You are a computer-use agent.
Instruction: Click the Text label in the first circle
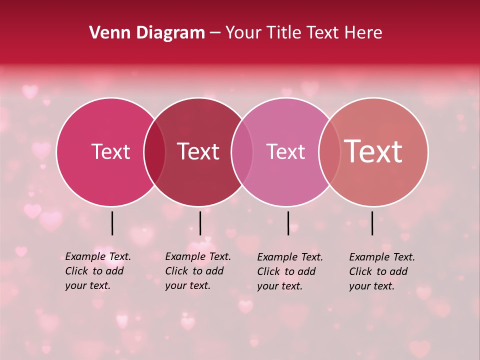110,151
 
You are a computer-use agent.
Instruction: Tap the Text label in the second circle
198,151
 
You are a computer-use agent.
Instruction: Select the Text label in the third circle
285,151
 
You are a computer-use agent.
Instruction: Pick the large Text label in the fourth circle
373,151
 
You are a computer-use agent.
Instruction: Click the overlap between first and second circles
154,152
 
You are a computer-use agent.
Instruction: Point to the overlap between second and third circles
242,152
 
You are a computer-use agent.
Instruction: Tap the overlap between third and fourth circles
329,152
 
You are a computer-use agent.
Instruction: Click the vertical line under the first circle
112,223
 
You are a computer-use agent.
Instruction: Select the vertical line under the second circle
200,223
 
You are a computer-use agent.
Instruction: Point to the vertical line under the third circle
288,223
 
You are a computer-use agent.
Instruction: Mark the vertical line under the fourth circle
372,223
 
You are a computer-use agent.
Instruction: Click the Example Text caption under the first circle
98,271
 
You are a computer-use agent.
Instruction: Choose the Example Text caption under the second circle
198,271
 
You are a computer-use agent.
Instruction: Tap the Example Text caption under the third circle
290,271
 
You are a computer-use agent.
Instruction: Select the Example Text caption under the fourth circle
382,271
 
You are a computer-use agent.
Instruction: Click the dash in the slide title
215,33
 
